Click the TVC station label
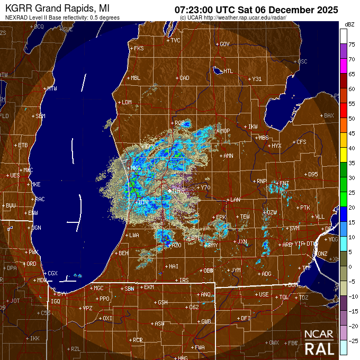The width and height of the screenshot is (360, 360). pyautogui.click(x=175, y=40)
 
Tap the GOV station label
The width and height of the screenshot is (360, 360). pyautogui.click(x=224, y=44)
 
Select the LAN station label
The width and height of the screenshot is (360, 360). pyautogui.click(x=235, y=200)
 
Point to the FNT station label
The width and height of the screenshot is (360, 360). pyautogui.click(x=285, y=183)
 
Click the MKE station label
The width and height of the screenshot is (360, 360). pyautogui.click(x=36, y=184)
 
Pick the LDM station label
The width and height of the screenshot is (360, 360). pyautogui.click(x=127, y=102)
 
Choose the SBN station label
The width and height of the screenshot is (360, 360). pyautogui.click(x=129, y=289)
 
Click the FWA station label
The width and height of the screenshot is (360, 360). pyautogui.click(x=200, y=347)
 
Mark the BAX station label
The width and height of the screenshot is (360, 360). pyautogui.click(x=329, y=115)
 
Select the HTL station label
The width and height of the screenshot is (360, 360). pyautogui.click(x=228, y=71)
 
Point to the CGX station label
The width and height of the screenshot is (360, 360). pyautogui.click(x=52, y=273)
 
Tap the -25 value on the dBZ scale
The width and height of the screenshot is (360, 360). pyautogui.click(x=352, y=340)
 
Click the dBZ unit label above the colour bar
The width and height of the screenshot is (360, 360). pyautogui.click(x=349, y=25)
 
